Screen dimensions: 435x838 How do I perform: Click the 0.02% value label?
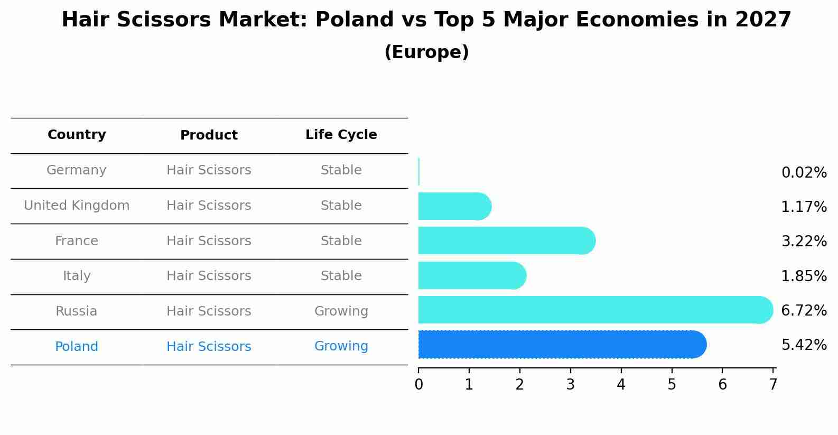coord(804,173)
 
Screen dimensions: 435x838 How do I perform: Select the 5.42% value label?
coord(804,345)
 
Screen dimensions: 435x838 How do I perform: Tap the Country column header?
coord(77,135)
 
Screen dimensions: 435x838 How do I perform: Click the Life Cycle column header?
coord(341,135)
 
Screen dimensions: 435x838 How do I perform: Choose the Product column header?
coord(209,135)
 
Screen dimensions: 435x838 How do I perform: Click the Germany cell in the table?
coord(77,170)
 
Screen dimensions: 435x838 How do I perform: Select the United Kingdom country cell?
coord(77,206)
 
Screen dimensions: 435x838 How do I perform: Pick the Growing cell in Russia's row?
coord(341,311)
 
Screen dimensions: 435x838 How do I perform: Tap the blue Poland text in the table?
coord(77,347)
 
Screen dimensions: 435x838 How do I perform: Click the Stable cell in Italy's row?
coord(341,276)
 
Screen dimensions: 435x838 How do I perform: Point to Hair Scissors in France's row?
coord(209,241)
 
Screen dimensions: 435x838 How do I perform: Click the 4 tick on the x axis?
coord(621,385)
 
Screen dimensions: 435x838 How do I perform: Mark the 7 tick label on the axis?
coord(773,385)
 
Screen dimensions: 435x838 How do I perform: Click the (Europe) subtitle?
coord(426,52)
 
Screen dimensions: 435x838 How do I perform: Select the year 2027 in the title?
coord(762,20)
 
